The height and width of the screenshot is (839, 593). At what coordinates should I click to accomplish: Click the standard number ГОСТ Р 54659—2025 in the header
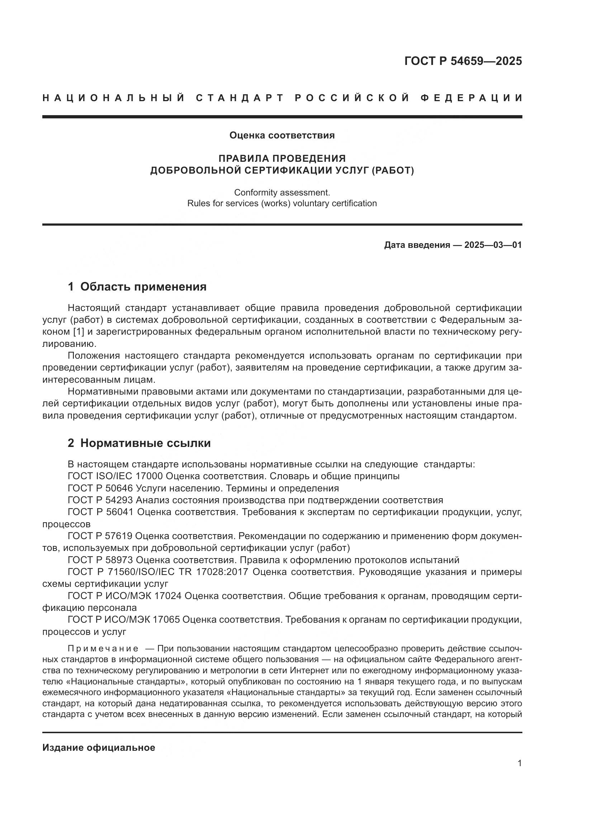pyautogui.click(x=463, y=61)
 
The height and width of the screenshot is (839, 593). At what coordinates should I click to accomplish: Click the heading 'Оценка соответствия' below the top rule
pyautogui.click(x=282, y=136)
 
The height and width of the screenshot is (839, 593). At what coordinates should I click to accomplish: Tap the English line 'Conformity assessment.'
pyautogui.click(x=282, y=192)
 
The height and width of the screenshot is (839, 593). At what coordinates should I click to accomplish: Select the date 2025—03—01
pyautogui.click(x=493, y=245)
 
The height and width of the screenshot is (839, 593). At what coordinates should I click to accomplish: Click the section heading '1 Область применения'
pyautogui.click(x=137, y=287)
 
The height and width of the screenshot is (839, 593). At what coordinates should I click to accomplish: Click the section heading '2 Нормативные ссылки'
pyautogui.click(x=139, y=443)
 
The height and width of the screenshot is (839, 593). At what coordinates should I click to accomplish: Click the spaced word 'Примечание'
pyautogui.click(x=103, y=649)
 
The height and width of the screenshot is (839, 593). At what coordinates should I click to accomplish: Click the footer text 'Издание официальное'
pyautogui.click(x=99, y=748)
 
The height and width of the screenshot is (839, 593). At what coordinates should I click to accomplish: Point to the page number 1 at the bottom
pyautogui.click(x=520, y=774)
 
